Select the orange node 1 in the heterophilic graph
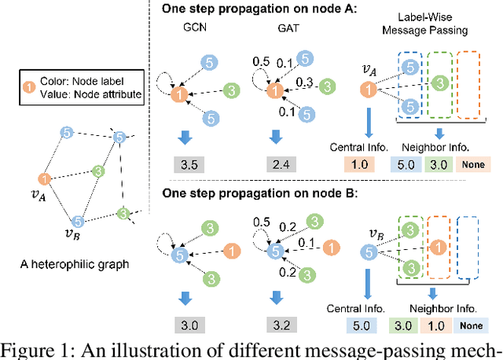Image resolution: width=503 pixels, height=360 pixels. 46,178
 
